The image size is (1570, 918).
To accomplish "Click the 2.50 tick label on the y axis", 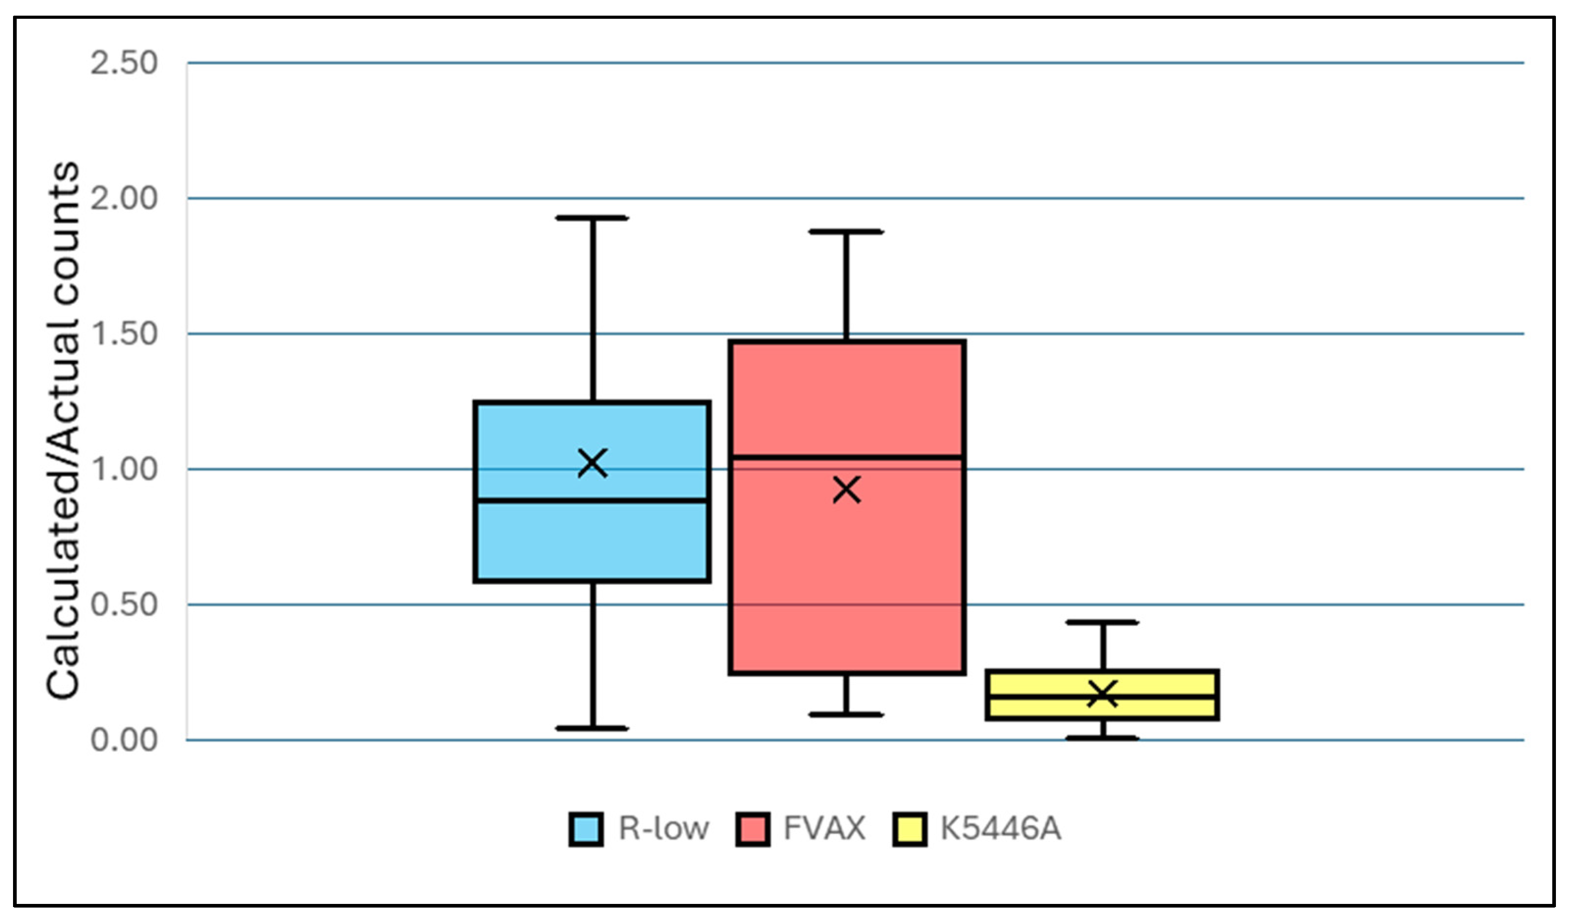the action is [124, 64].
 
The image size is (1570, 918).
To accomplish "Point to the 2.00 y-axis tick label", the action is [124, 199].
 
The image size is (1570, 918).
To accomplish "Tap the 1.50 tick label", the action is [124, 334].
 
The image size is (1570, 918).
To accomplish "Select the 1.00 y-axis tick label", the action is [124, 469].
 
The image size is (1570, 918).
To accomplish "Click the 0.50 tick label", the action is [124, 605].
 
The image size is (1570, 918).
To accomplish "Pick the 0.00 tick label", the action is [124, 740].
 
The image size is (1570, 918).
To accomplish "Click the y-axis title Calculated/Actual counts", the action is [63, 430].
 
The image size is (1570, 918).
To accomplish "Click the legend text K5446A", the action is [1001, 829].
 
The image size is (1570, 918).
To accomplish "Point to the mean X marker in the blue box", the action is [592, 463].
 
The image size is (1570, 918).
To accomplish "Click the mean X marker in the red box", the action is [847, 490].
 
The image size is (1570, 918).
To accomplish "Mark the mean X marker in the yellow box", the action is [1103, 694].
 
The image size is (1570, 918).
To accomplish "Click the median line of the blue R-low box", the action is [592, 500].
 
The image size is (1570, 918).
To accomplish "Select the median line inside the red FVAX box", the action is [847, 457].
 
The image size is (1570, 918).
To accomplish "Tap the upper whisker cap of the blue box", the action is [592, 218].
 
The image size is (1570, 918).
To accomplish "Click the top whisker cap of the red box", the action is [847, 231].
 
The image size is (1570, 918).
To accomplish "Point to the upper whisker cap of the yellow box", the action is [1103, 622].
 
